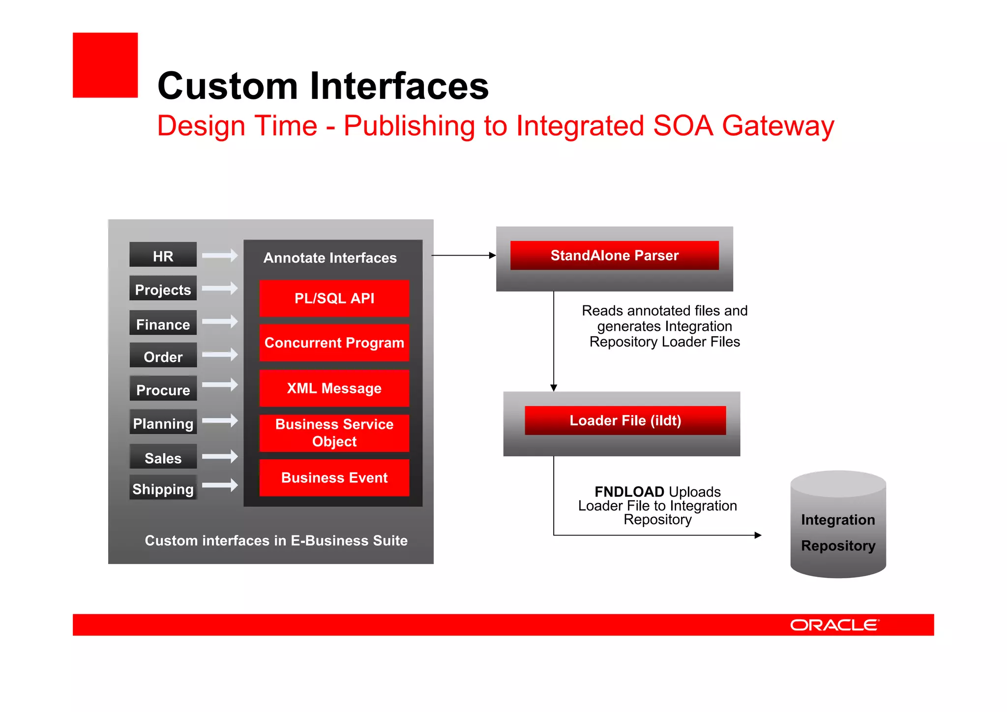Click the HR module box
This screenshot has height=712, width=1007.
[163, 255]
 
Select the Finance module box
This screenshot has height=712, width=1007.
[163, 323]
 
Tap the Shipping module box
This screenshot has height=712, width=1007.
[163, 488]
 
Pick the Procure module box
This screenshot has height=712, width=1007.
[163, 388]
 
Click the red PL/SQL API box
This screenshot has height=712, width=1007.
[334, 298]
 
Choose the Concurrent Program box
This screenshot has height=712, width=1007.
[334, 343]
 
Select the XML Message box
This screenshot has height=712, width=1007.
[334, 388]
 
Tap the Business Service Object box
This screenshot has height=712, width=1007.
[334, 433]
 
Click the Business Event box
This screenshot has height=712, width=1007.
[334, 477]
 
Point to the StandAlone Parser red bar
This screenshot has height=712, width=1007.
[614, 255]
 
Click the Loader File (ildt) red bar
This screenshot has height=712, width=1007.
[625, 420]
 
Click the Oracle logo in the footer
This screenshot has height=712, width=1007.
[834, 625]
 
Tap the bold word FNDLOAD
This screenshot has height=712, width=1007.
[629, 492]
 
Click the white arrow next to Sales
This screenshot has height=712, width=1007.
[220, 456]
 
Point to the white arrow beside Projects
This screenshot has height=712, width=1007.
[220, 288]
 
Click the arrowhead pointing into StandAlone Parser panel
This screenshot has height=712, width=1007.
[492, 255]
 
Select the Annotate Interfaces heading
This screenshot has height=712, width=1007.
[330, 258]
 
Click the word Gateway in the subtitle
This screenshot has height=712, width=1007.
[778, 126]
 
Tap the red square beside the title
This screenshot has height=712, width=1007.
[105, 65]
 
